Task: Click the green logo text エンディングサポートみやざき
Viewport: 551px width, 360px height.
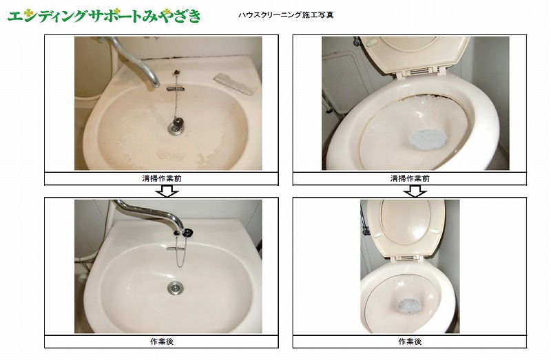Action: [104, 16]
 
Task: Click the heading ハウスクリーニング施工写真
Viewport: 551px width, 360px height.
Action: [286, 14]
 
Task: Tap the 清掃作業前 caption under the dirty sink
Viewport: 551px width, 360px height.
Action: [162, 178]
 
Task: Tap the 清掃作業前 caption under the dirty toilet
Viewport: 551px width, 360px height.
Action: [410, 178]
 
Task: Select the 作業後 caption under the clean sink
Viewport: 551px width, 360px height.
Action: [162, 341]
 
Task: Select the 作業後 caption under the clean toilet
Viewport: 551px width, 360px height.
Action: [410, 341]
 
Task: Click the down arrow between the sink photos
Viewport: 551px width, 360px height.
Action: [167, 191]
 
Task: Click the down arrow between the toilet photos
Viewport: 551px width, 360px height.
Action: [415, 191]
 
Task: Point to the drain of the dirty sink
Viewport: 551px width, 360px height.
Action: [176, 129]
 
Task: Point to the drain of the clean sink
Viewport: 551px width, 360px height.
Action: [175, 288]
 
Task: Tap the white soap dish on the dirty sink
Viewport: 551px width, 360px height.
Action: [235, 83]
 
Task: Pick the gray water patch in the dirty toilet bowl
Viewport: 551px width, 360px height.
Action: [428, 139]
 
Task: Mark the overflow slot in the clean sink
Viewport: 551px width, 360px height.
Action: [176, 248]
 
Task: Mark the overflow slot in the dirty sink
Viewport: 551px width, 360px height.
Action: [175, 89]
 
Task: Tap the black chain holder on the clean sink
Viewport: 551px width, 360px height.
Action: [188, 232]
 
